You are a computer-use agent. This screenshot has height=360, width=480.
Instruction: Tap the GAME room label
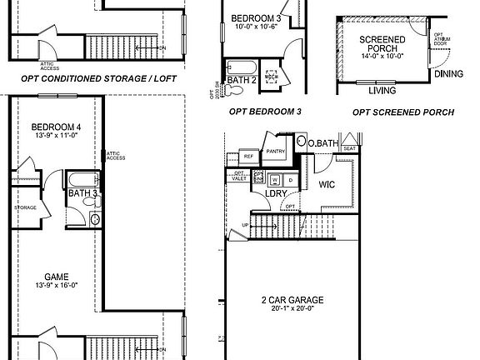[x=57, y=277]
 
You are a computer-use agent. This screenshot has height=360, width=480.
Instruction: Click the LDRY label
[x=276, y=194]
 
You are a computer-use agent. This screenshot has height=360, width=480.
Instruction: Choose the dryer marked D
[x=290, y=179]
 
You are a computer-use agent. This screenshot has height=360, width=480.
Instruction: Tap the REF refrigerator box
[x=247, y=156]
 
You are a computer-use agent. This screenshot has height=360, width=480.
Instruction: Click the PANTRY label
[x=276, y=152]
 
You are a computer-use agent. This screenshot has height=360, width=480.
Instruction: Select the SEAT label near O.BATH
[x=350, y=148]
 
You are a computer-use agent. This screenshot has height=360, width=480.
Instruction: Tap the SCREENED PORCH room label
[x=382, y=44]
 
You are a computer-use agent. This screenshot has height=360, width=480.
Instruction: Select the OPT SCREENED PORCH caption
[x=403, y=111]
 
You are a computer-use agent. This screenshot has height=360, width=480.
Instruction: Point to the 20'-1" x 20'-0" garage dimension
[x=290, y=309]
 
